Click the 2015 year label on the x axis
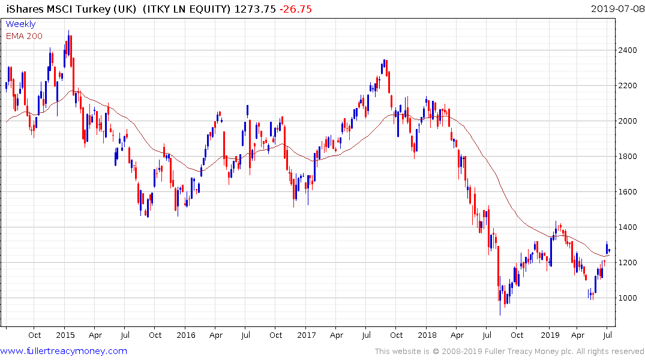pyautogui.click(x=65, y=335)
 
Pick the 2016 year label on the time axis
pyautogui.click(x=186, y=335)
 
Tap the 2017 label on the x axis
pyautogui.click(x=307, y=335)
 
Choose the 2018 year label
pyautogui.click(x=427, y=335)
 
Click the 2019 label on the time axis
pyautogui.click(x=550, y=335)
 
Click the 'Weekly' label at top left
pyautogui.click(x=20, y=25)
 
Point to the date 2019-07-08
pyautogui.click(x=616, y=8)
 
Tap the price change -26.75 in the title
pyautogui.click(x=295, y=8)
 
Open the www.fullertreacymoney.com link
pyautogui.click(x=64, y=351)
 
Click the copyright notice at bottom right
pyautogui.click(x=509, y=352)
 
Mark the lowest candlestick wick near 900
pyautogui.click(x=500, y=314)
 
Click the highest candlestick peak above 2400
pyautogui.click(x=68, y=31)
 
